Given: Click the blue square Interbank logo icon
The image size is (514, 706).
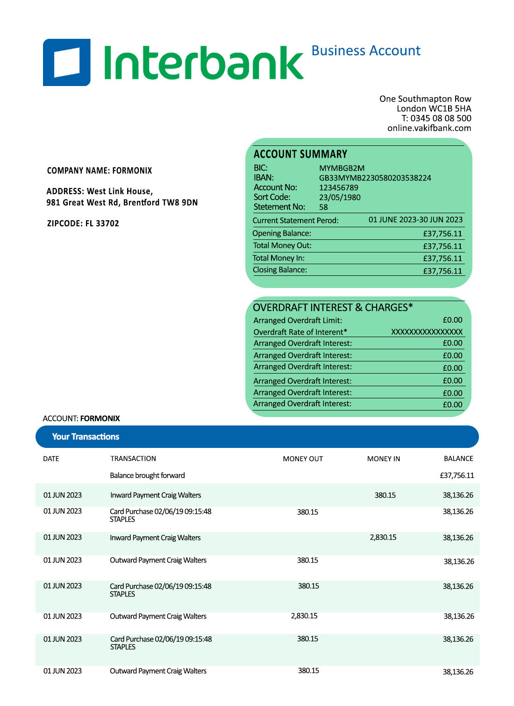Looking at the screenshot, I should (67, 62).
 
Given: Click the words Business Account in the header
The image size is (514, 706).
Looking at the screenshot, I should (366, 50).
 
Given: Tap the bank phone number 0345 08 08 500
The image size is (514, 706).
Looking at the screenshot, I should (441, 118).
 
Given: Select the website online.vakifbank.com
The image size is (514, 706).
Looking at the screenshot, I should (429, 128).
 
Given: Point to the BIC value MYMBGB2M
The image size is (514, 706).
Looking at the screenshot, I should (342, 168).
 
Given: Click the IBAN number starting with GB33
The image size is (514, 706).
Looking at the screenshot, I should (375, 178).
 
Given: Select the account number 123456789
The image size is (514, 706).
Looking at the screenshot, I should (338, 187).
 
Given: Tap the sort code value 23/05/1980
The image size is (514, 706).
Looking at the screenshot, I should (340, 197).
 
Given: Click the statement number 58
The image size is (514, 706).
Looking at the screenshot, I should (323, 207).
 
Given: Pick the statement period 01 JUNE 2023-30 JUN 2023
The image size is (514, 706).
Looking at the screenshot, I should (415, 220).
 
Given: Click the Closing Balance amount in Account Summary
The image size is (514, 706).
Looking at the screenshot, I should (442, 271).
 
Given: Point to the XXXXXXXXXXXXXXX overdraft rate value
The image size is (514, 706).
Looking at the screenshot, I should (427, 332).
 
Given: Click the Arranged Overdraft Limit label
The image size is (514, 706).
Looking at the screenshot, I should (298, 321).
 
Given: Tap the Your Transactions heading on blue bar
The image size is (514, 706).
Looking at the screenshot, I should (86, 437).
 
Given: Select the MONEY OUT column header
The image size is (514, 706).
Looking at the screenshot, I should (303, 459).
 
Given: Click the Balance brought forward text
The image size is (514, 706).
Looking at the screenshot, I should (147, 475).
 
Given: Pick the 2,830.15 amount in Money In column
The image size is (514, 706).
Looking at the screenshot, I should (383, 538).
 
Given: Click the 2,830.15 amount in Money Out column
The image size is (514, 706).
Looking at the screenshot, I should (304, 616).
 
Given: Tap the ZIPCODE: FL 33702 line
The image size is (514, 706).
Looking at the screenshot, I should (83, 223).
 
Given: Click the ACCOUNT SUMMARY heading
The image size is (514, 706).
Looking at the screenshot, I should (300, 154).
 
